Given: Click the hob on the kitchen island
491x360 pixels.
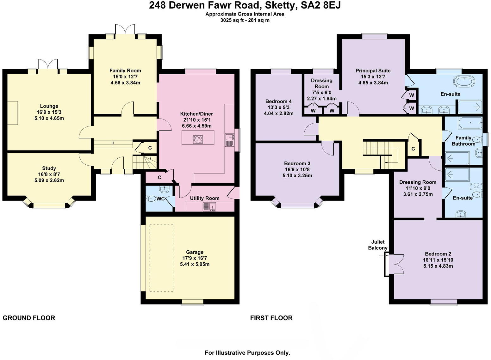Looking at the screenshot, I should [x=198, y=139].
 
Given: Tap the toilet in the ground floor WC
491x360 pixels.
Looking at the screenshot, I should [x=151, y=199].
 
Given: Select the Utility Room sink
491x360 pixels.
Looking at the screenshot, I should [x=209, y=206].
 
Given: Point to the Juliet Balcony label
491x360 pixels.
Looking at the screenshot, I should [x=377, y=245].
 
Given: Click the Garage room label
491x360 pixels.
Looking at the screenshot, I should [x=195, y=252].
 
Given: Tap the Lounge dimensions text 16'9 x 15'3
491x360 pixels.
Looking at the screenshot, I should [x=49, y=112].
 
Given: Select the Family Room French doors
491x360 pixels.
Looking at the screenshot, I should [x=125, y=30].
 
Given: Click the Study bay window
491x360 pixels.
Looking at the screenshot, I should [x=49, y=205].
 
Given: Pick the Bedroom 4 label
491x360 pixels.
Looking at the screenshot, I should [x=278, y=101].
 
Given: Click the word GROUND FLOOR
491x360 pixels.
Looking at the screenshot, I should [x=29, y=318].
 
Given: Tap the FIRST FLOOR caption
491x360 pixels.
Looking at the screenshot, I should [x=271, y=318].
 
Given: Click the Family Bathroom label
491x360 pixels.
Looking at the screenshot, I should [x=463, y=141].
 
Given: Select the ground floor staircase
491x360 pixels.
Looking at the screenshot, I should [x=145, y=162].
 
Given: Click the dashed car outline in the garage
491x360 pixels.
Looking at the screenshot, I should [x=161, y=258].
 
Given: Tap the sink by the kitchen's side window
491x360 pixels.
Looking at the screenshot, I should [x=230, y=140].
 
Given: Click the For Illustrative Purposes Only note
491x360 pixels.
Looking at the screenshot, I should [x=247, y=353].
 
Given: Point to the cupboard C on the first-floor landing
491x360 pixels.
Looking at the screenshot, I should [x=413, y=149].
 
